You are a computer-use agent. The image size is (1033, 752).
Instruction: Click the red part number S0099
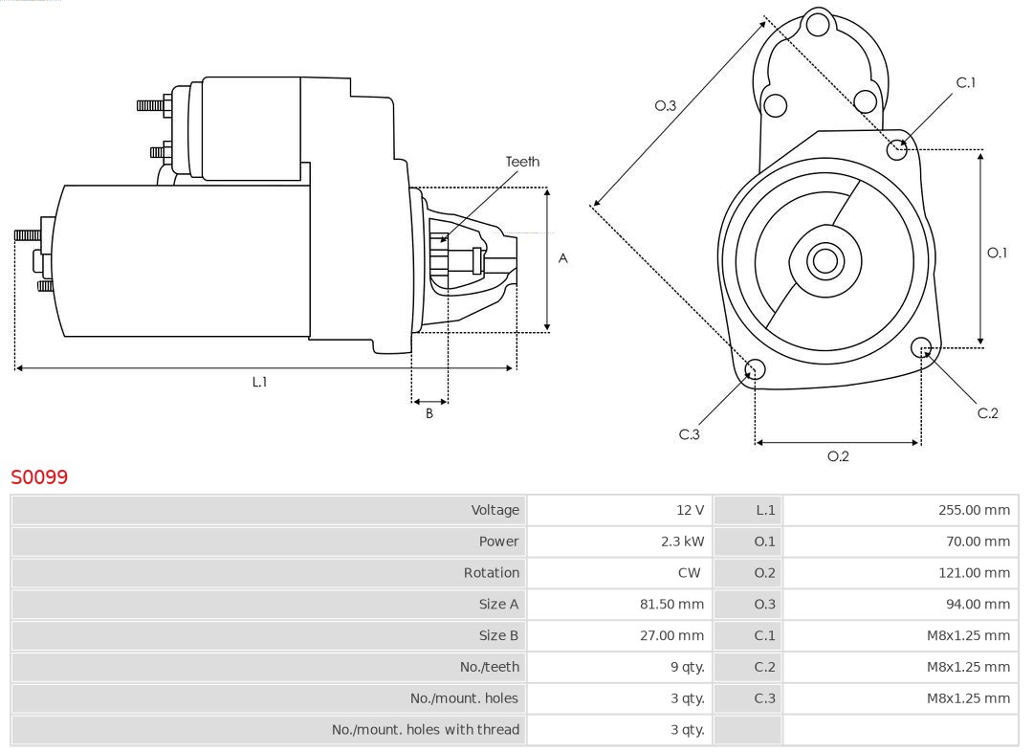39,476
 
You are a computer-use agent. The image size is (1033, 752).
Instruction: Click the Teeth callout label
522,162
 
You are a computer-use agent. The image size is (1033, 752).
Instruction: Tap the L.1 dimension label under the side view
259,382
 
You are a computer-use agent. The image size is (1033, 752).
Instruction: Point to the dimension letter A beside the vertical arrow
563,258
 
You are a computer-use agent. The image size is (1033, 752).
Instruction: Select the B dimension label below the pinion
429,414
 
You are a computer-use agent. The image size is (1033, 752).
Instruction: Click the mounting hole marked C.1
897,148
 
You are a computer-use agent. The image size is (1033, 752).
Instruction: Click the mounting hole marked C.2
921,346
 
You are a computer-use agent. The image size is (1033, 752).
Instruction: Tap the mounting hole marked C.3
755,370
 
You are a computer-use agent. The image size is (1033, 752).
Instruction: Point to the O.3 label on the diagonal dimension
665,106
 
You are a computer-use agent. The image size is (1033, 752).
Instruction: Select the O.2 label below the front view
838,456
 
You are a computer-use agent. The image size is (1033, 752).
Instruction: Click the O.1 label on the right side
997,253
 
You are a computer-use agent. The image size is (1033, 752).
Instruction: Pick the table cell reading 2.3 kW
682,542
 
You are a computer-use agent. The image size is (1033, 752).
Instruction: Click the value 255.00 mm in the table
974,510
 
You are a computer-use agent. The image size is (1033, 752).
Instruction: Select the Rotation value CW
690,573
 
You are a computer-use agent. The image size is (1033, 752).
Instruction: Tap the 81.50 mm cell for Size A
671,605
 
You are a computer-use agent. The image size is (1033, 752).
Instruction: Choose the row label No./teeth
490,667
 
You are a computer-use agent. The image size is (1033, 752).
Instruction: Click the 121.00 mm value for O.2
974,573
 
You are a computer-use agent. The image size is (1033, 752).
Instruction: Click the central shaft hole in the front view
824,260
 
